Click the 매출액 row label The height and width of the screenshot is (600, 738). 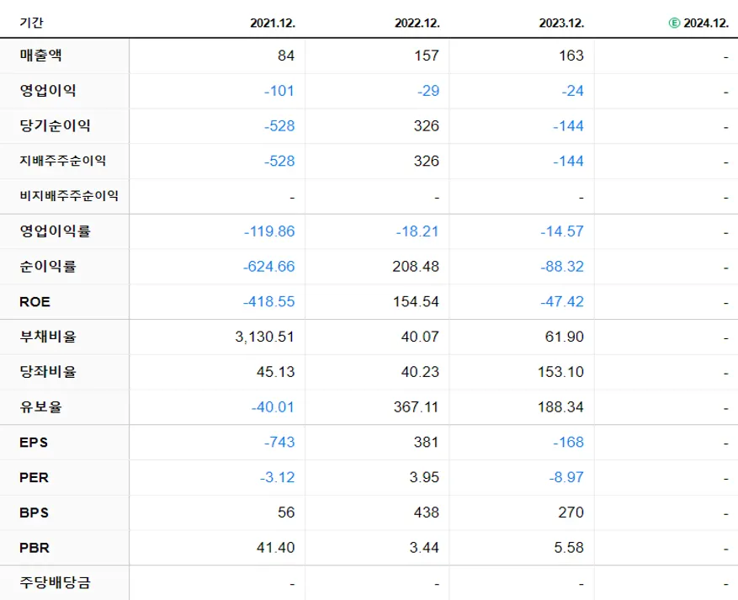tap(41, 56)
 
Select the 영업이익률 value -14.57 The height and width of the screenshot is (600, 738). tap(562, 231)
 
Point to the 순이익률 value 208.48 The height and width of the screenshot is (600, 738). tap(417, 267)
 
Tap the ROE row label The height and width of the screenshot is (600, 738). tap(35, 302)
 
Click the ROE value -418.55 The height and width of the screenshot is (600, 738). tap(269, 302)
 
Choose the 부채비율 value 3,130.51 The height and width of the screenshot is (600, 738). tap(266, 337)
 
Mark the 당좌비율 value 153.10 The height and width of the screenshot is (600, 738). tap(561, 372)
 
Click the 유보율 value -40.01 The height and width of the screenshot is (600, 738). tap(273, 407)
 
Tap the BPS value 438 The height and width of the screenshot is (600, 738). tap(427, 512)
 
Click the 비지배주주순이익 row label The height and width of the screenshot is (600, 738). tap(69, 196)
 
